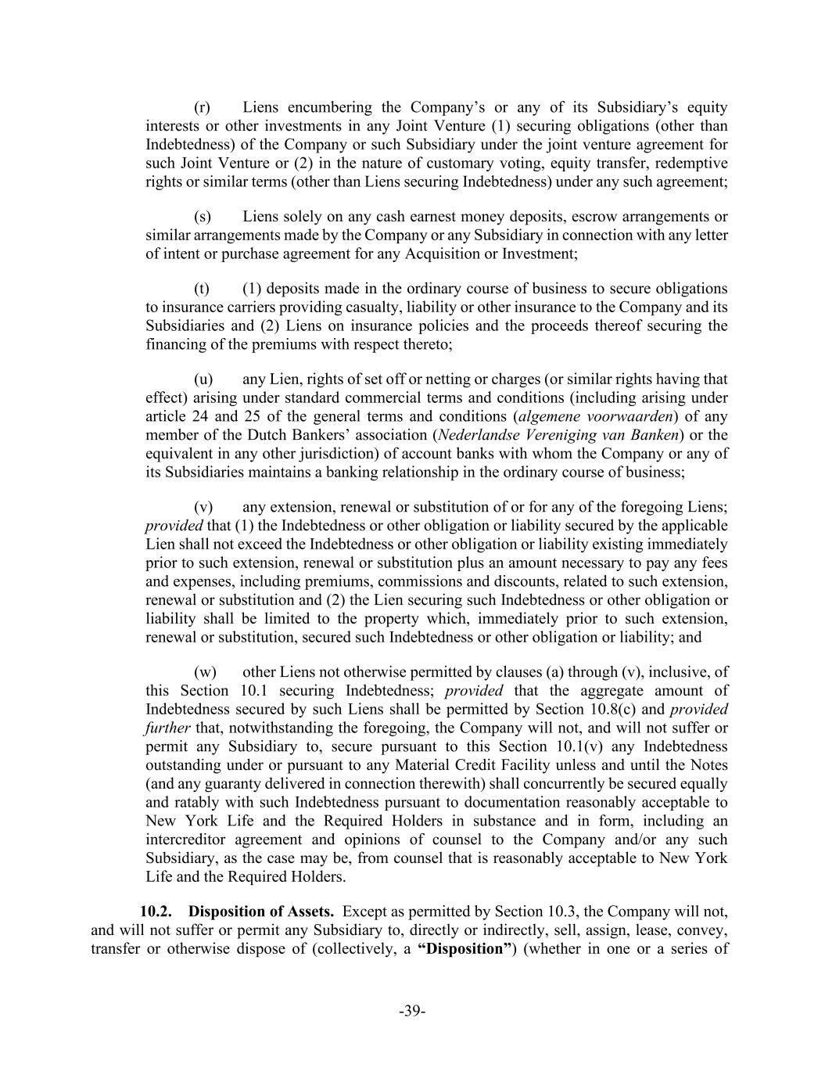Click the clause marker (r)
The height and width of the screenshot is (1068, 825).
203,107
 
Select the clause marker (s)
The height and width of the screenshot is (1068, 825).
203,217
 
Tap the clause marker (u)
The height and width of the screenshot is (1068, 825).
203,379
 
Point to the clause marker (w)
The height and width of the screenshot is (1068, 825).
205,672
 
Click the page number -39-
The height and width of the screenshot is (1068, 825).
412,1012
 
